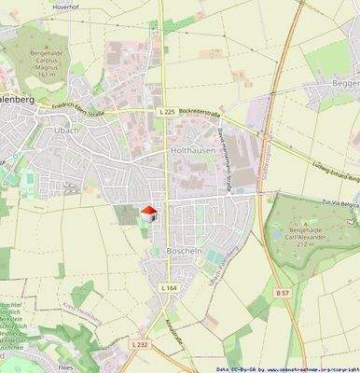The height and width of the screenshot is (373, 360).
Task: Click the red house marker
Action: [x=146, y=214]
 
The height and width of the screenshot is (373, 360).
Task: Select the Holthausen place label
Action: [x=193, y=149]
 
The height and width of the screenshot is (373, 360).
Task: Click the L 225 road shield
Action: [x=167, y=112]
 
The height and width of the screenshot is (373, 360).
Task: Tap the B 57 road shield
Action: [x=280, y=292]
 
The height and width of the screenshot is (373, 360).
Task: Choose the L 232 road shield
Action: [x=139, y=344]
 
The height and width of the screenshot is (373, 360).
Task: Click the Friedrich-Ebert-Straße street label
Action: [x=73, y=108]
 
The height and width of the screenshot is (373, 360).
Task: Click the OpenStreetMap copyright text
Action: [x=293, y=368]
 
